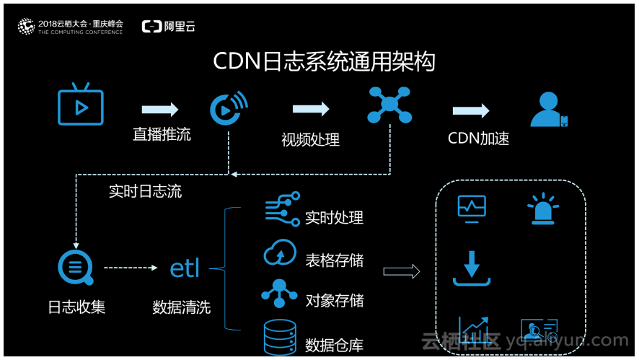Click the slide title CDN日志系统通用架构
click(324, 61)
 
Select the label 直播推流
click(162, 134)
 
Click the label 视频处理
click(310, 139)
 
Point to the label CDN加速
click(478, 138)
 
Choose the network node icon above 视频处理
click(389, 105)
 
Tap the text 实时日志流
click(145, 191)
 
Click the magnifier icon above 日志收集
click(76, 268)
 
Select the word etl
click(185, 268)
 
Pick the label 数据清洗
click(181, 307)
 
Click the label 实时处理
click(334, 218)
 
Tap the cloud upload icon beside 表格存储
click(280, 253)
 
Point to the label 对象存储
click(334, 300)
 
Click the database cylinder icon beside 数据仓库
click(280, 337)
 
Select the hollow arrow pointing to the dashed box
click(402, 271)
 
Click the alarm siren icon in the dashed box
click(542, 209)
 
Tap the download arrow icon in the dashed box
click(472, 267)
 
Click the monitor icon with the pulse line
click(472, 209)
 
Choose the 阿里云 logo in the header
click(168, 27)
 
